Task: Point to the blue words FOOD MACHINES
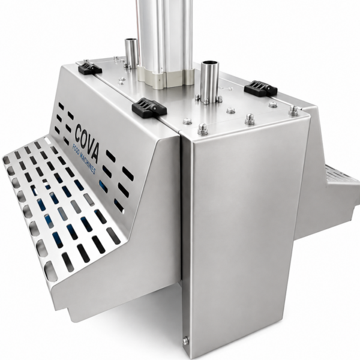(83, 159)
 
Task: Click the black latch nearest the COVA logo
(149, 107)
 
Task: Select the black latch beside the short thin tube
(90, 67)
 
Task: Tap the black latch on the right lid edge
(260, 88)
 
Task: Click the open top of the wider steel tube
(209, 62)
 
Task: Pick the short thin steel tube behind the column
(131, 53)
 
